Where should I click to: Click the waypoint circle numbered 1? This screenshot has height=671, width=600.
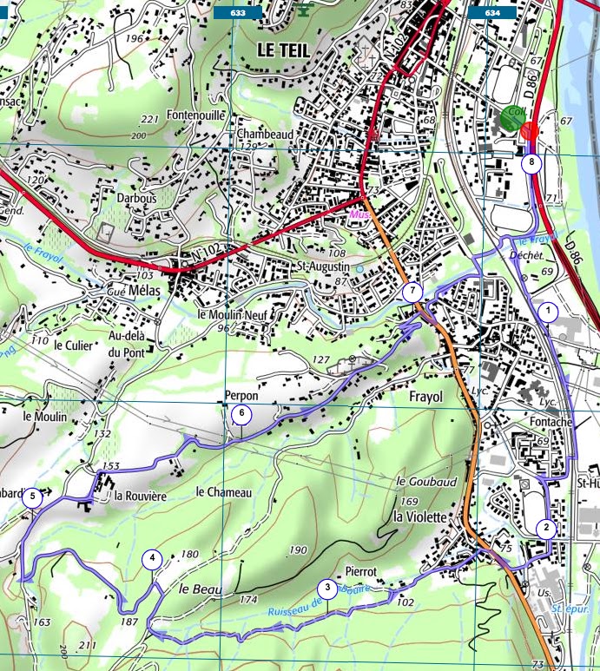pos(547,310)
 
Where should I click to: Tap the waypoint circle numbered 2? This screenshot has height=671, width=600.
pos(545,526)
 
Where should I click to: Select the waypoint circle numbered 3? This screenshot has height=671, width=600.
pos(326,588)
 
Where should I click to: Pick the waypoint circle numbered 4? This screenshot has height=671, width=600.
pos(153,558)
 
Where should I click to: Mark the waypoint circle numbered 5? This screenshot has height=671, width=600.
pos(33,497)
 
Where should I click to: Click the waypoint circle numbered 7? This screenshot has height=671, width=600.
pos(413,292)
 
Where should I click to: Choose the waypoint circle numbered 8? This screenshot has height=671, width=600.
pos(531,161)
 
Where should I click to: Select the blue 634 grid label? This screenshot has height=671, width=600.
pos(492,13)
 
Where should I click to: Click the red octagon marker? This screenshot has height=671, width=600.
pos(529,131)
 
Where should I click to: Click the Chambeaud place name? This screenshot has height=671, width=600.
pos(264,135)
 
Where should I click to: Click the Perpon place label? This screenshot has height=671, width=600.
pos(241,395)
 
